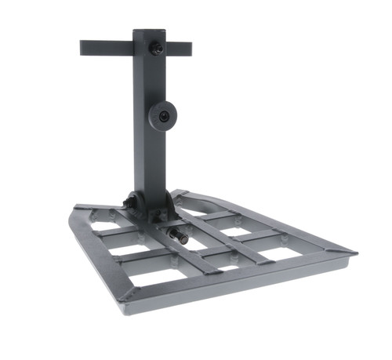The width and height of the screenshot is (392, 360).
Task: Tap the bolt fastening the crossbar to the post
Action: click(x=157, y=49)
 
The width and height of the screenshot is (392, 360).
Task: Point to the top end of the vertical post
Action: click(x=148, y=32)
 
